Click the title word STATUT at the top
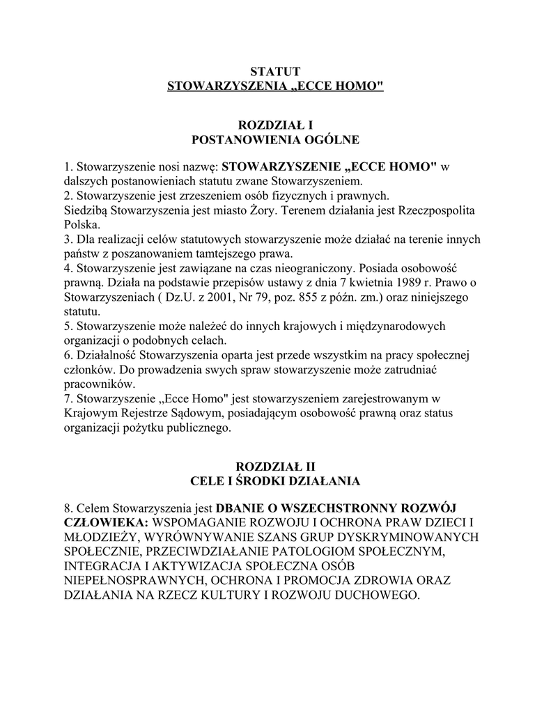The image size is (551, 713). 275,72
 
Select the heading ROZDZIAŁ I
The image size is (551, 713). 275,126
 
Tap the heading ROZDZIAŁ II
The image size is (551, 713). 275,466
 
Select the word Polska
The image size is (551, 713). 82,225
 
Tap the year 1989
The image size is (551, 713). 387,283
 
